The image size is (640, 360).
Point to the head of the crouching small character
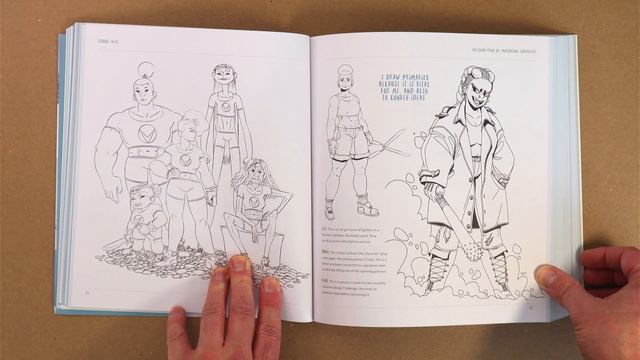click(x=142, y=196)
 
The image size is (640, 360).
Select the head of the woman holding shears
click(x=345, y=77)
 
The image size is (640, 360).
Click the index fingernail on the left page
click(x=240, y=264)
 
